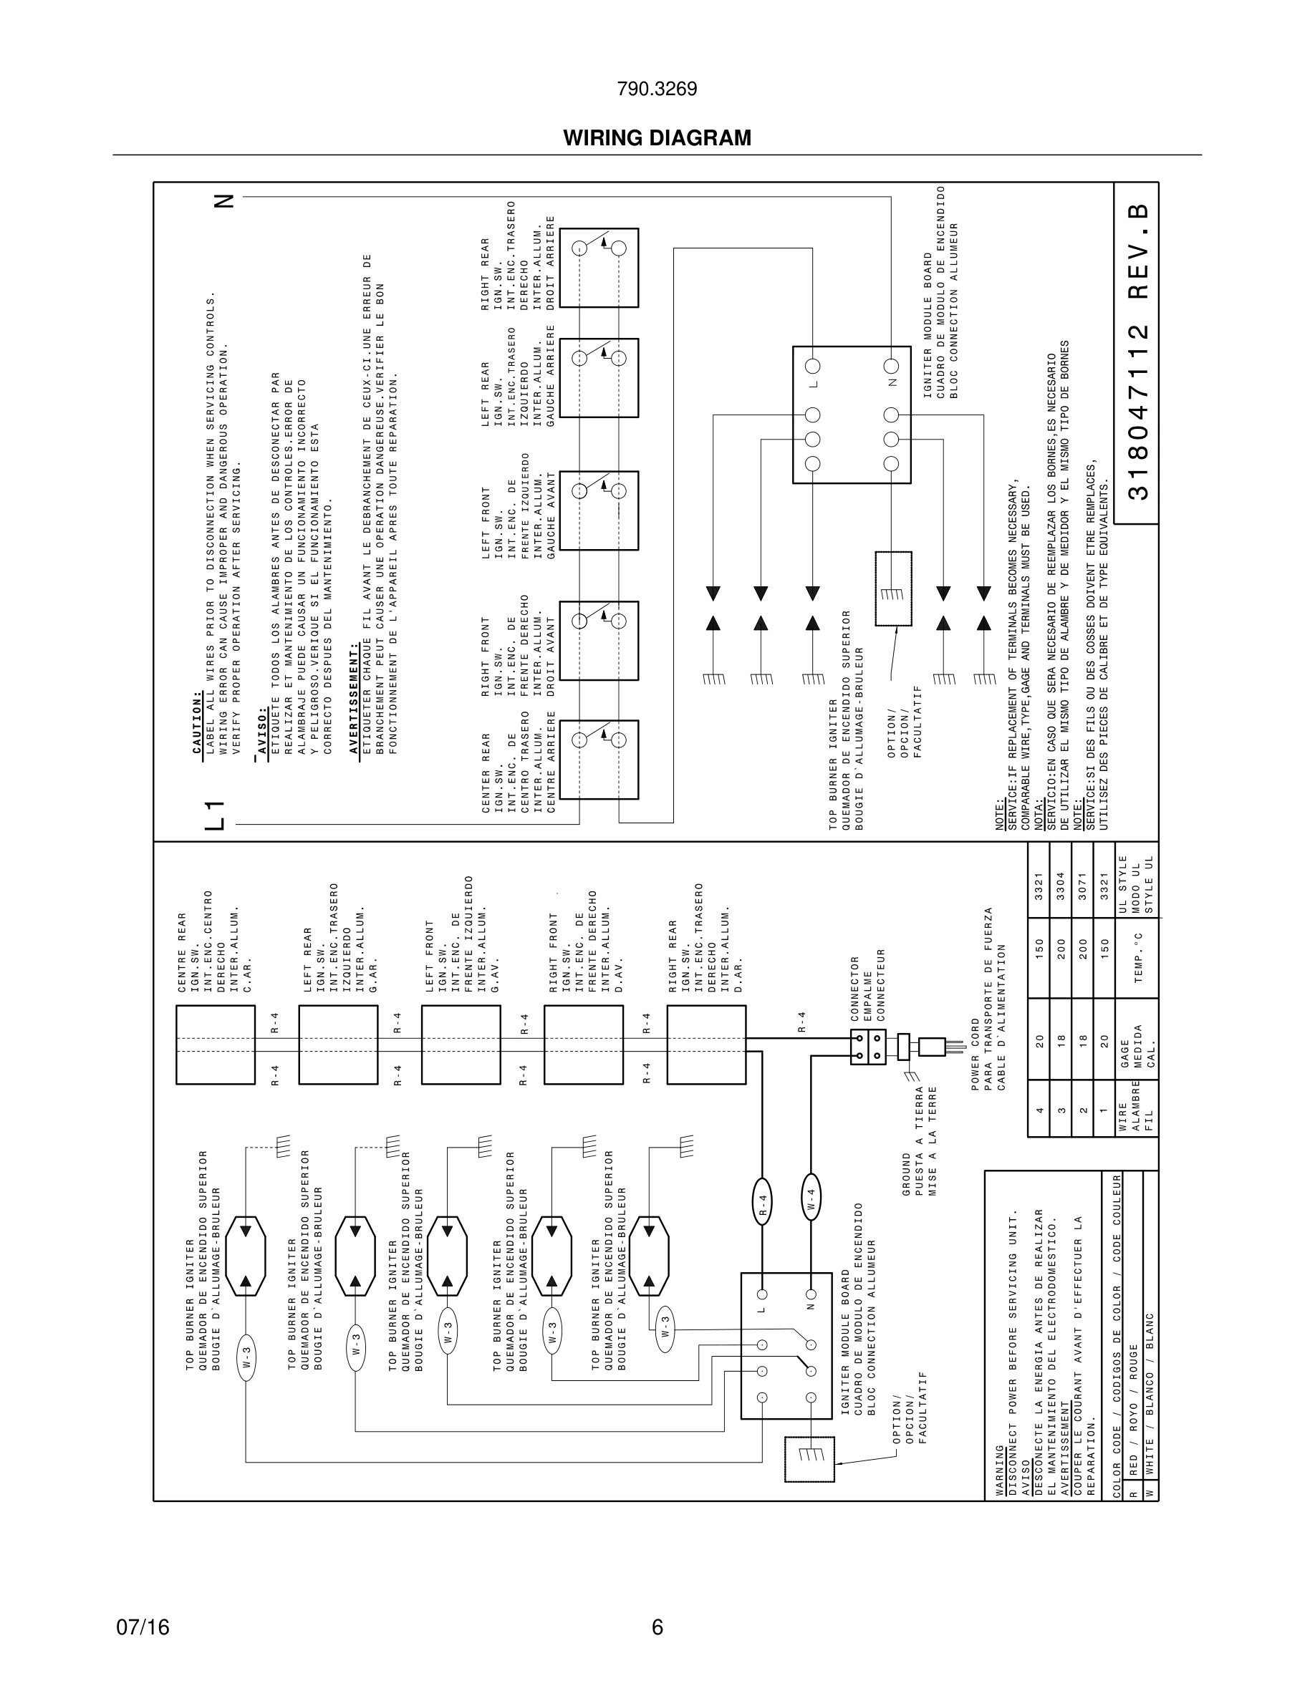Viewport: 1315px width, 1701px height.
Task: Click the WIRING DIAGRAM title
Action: click(657, 138)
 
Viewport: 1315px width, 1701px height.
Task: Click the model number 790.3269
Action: click(657, 89)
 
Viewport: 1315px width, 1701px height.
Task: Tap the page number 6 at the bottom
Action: click(657, 1627)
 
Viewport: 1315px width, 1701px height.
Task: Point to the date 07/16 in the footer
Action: click(143, 1627)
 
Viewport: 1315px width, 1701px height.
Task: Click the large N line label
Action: click(223, 200)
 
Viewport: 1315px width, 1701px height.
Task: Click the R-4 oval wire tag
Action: click(763, 1203)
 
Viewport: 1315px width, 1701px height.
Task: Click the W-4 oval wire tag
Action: click(811, 1196)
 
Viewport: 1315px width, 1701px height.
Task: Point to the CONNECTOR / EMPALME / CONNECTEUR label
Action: click(868, 989)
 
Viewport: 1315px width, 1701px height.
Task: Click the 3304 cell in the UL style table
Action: click(1060, 886)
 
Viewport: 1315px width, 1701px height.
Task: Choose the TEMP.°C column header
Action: click(1137, 957)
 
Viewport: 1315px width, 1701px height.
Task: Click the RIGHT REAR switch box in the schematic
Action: click(599, 267)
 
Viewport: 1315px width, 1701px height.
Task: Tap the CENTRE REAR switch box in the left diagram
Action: click(215, 1045)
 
